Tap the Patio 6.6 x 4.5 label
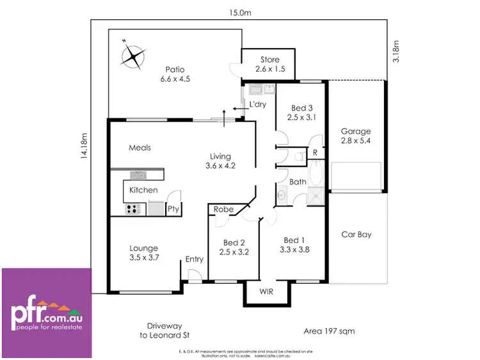pyautogui.click(x=175, y=74)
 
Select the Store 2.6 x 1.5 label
pyautogui.click(x=269, y=64)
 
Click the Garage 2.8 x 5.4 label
pyautogui.click(x=355, y=136)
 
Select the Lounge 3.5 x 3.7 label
pyautogui.click(x=143, y=253)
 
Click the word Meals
pyautogui.click(x=140, y=148)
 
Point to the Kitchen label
pyautogui.click(x=143, y=190)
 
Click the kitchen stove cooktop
pyautogui.click(x=133, y=208)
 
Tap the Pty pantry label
pyautogui.click(x=173, y=208)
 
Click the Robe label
pyautogui.click(x=224, y=209)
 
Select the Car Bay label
pyautogui.click(x=356, y=235)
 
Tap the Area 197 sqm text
pyautogui.click(x=329, y=331)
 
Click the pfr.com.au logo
pyautogui.click(x=46, y=313)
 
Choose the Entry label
pyautogui.click(x=195, y=259)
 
